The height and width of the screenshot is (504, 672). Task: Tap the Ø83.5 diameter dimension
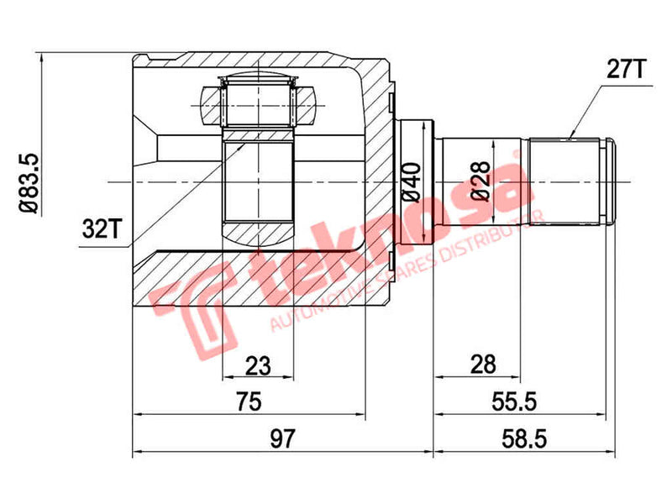28,181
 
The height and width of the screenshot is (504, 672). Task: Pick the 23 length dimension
257,365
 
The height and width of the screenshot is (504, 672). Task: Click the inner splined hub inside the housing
259,181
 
